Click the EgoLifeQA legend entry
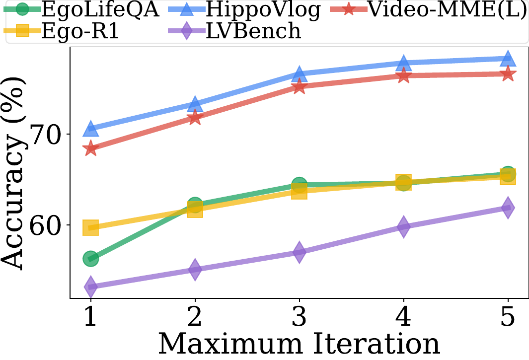pyautogui.click(x=81, y=9)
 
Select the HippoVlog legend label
pyautogui.click(x=243, y=9)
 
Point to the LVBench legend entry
pyautogui.click(x=234, y=31)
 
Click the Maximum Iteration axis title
pyautogui.click(x=299, y=344)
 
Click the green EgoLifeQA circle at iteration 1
pyautogui.click(x=90, y=259)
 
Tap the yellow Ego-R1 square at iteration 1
pyautogui.click(x=90, y=227)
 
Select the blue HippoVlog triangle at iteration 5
pyautogui.click(x=508, y=59)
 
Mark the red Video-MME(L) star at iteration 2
pyautogui.click(x=195, y=118)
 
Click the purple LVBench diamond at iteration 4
pyautogui.click(x=403, y=226)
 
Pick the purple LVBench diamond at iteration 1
pyautogui.click(x=90, y=287)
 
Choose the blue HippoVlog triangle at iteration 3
pyautogui.click(x=299, y=74)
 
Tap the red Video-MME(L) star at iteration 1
pyautogui.click(x=90, y=148)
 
